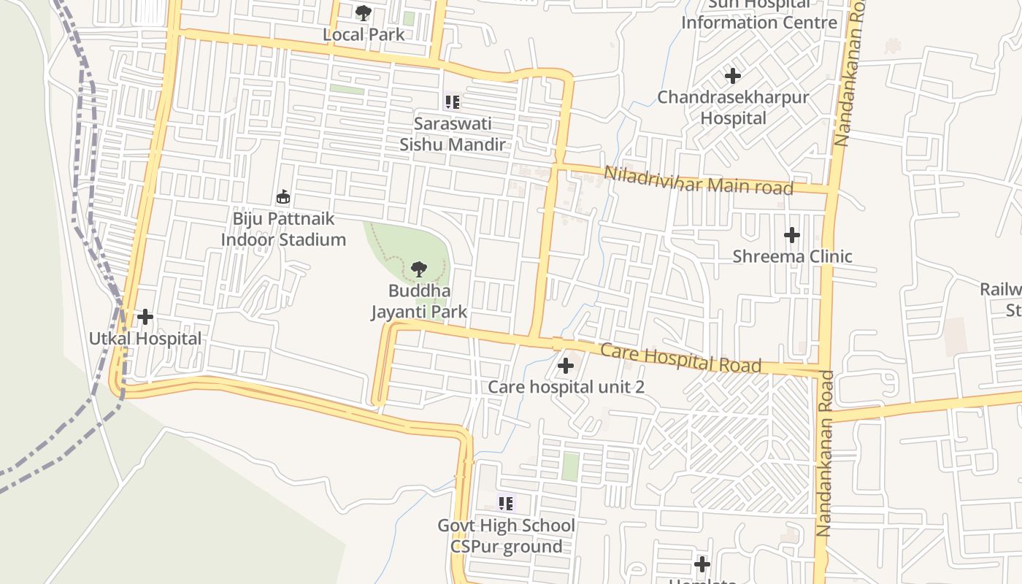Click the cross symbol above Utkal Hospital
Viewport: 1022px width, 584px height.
point(145,317)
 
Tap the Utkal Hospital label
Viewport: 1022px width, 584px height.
point(145,339)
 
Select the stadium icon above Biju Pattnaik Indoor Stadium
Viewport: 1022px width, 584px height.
point(283,196)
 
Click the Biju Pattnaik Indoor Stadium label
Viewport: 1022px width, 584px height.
point(283,229)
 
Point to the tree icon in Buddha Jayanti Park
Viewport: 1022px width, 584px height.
point(419,269)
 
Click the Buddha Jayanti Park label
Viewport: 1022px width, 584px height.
point(419,301)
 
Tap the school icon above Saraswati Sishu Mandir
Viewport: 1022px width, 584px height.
point(452,102)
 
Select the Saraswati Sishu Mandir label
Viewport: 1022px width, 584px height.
point(452,134)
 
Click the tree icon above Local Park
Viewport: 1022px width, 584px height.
point(363,12)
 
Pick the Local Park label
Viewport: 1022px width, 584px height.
point(364,34)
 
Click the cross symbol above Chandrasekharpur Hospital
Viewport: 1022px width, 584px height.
point(733,75)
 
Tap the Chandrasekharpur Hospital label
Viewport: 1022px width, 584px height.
point(733,107)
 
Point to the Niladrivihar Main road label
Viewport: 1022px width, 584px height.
point(699,180)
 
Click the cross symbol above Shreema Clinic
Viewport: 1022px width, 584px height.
point(792,235)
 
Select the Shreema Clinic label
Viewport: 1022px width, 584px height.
point(792,256)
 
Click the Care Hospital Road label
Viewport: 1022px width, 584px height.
point(680,358)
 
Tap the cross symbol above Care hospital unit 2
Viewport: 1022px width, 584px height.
point(566,366)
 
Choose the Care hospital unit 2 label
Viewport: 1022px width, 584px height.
point(566,387)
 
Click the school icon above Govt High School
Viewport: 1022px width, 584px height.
point(506,503)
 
